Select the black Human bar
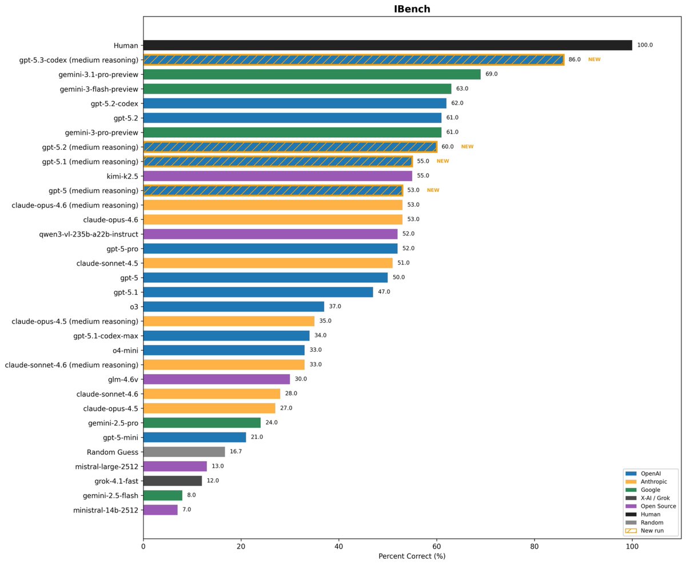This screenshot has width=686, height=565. tap(388, 45)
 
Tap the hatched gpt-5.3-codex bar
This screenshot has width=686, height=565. tap(353, 59)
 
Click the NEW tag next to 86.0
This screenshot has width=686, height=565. tap(594, 59)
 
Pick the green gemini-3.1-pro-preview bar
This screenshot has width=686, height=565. tap(312, 74)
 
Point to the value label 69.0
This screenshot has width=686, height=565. tap(492, 74)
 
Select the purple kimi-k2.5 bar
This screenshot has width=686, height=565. tap(277, 176)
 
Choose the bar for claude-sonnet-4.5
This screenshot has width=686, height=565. tap(268, 263)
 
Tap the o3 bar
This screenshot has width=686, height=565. tap(233, 306)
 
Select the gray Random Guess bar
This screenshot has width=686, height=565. tap(184, 451)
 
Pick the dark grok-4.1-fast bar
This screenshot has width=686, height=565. tap(172, 480)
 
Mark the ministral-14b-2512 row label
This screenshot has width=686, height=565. tap(106, 510)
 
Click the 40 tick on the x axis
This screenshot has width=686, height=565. tap(338, 547)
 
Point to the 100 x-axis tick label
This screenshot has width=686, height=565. tap(632, 547)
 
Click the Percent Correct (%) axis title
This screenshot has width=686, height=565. tap(412, 556)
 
